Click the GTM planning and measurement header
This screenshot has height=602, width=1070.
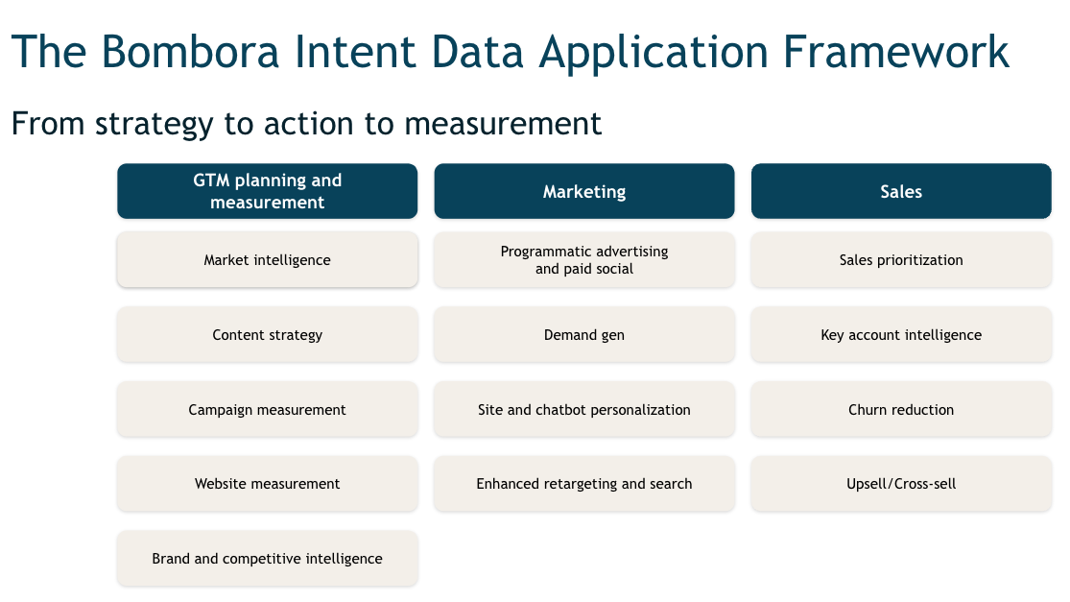coord(267,191)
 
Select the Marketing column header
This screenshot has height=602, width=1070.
coord(583,191)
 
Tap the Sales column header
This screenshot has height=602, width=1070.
coord(900,191)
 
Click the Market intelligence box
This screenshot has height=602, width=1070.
coord(267,260)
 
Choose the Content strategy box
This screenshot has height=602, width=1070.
coord(267,335)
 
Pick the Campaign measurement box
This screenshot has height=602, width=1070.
coord(267,410)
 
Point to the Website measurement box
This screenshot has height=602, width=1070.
coord(267,484)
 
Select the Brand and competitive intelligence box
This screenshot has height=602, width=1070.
coord(267,559)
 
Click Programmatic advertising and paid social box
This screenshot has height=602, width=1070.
coord(583,260)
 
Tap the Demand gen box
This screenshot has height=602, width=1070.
coord(583,335)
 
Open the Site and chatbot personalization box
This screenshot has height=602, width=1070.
coord(583,410)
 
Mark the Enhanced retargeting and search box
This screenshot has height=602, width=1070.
coord(583,484)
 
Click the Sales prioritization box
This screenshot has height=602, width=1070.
coord(900,260)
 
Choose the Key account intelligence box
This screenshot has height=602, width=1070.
coord(900,335)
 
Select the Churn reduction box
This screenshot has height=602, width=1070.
coord(900,410)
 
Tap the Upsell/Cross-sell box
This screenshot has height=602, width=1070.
coord(900,484)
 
